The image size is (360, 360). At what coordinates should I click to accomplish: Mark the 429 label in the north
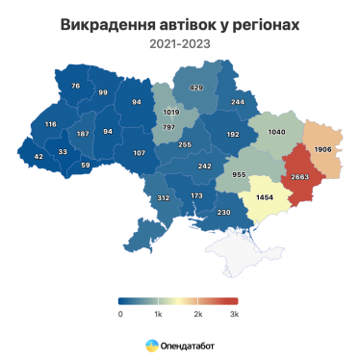[196, 88]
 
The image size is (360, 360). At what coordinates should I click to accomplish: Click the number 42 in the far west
[39, 156]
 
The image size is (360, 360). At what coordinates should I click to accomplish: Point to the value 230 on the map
[224, 212]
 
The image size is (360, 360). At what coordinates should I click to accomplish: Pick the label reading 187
[83, 133]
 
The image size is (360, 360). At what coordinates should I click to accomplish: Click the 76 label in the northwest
[77, 86]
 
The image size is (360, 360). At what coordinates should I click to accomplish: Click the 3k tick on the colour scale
[233, 314]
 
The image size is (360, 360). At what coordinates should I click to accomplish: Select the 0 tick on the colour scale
[120, 314]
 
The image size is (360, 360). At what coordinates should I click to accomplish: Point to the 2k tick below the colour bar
[196, 314]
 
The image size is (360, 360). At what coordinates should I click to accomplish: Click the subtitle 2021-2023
[179, 44]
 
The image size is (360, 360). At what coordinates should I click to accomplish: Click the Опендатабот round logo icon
[151, 344]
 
